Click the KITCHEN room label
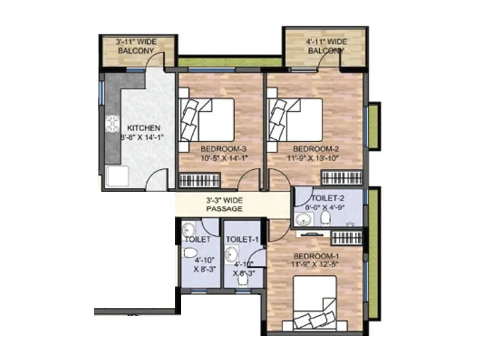click(x=142, y=128)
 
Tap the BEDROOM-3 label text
click(x=217, y=148)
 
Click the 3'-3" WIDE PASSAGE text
click(x=224, y=204)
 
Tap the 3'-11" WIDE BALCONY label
click(x=135, y=46)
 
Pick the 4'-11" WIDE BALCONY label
click(x=326, y=46)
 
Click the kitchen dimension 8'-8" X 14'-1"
click(x=142, y=137)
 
